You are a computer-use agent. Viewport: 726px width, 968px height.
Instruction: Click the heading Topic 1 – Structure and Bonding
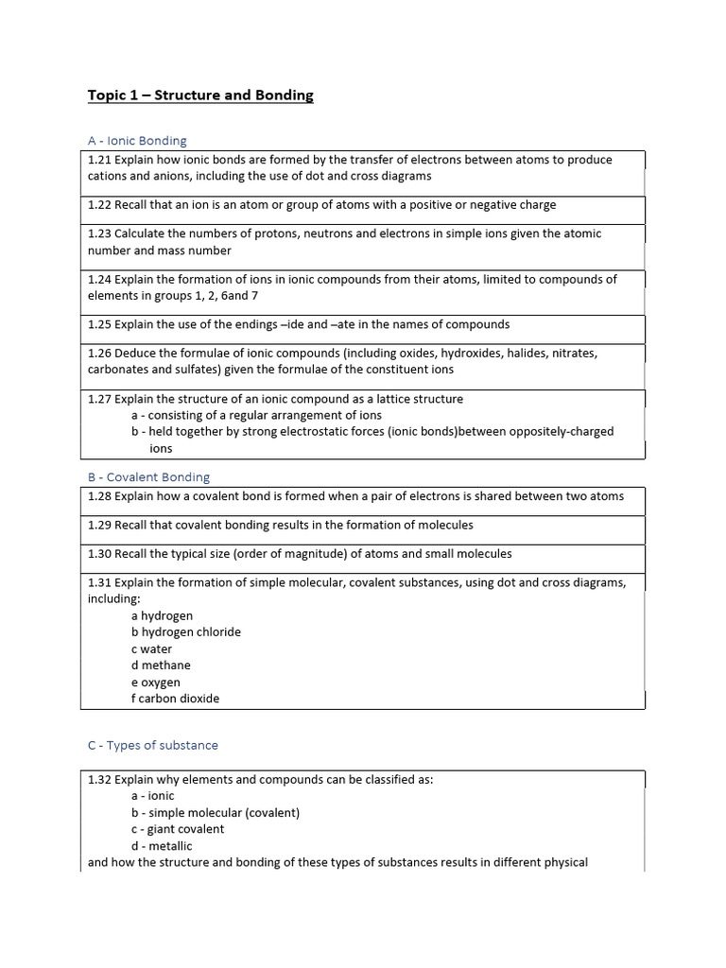(200, 95)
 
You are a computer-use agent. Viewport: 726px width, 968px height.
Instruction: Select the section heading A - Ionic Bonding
(137, 141)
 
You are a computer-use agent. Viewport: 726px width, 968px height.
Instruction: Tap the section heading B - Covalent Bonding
(148, 477)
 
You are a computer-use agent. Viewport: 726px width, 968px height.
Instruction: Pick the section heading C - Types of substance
(152, 746)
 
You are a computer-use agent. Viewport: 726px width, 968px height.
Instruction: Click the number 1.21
(100, 160)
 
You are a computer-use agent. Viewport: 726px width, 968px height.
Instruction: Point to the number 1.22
(100, 205)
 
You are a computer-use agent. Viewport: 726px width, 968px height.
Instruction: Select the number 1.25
(100, 324)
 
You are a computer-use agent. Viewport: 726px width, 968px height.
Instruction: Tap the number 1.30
(100, 554)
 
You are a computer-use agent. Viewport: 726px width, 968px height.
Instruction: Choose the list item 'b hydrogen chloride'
(186, 632)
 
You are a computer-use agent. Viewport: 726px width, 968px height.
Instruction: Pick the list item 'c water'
(151, 649)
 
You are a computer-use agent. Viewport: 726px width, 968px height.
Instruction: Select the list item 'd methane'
(161, 665)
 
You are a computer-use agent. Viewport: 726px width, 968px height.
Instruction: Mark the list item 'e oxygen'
(156, 683)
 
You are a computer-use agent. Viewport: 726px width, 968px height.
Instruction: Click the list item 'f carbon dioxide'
(175, 699)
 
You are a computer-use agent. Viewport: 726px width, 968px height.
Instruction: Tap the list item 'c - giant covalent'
(178, 829)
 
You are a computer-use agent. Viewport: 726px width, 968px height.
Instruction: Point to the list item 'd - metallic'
(162, 846)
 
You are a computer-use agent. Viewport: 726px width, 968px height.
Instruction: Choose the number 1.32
(100, 780)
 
